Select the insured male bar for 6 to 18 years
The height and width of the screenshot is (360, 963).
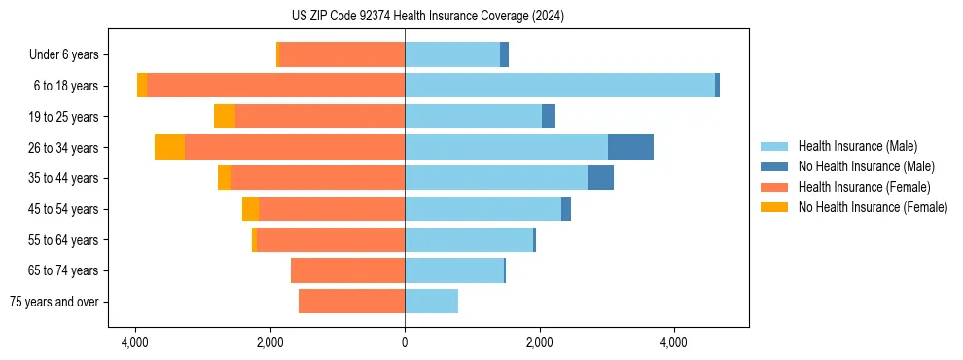click(559, 86)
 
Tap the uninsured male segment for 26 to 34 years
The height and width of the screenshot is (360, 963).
click(630, 147)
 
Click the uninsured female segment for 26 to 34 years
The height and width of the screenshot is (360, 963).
click(169, 147)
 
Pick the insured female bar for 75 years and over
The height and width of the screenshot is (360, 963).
click(351, 302)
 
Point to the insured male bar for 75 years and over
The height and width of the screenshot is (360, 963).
click(431, 302)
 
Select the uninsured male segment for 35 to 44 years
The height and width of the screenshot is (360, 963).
click(601, 178)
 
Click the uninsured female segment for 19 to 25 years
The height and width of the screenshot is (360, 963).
click(225, 117)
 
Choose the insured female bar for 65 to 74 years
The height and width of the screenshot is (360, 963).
click(347, 270)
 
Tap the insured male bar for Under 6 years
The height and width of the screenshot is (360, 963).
click(452, 54)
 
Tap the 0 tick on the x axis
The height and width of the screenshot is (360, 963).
click(405, 342)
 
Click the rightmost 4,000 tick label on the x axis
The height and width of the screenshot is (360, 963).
click(674, 342)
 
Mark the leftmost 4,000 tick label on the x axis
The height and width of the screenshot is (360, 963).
click(135, 342)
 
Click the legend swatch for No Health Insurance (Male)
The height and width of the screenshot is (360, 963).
click(775, 166)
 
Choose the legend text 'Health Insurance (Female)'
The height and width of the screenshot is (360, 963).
click(864, 187)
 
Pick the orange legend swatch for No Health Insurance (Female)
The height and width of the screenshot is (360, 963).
click(775, 207)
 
